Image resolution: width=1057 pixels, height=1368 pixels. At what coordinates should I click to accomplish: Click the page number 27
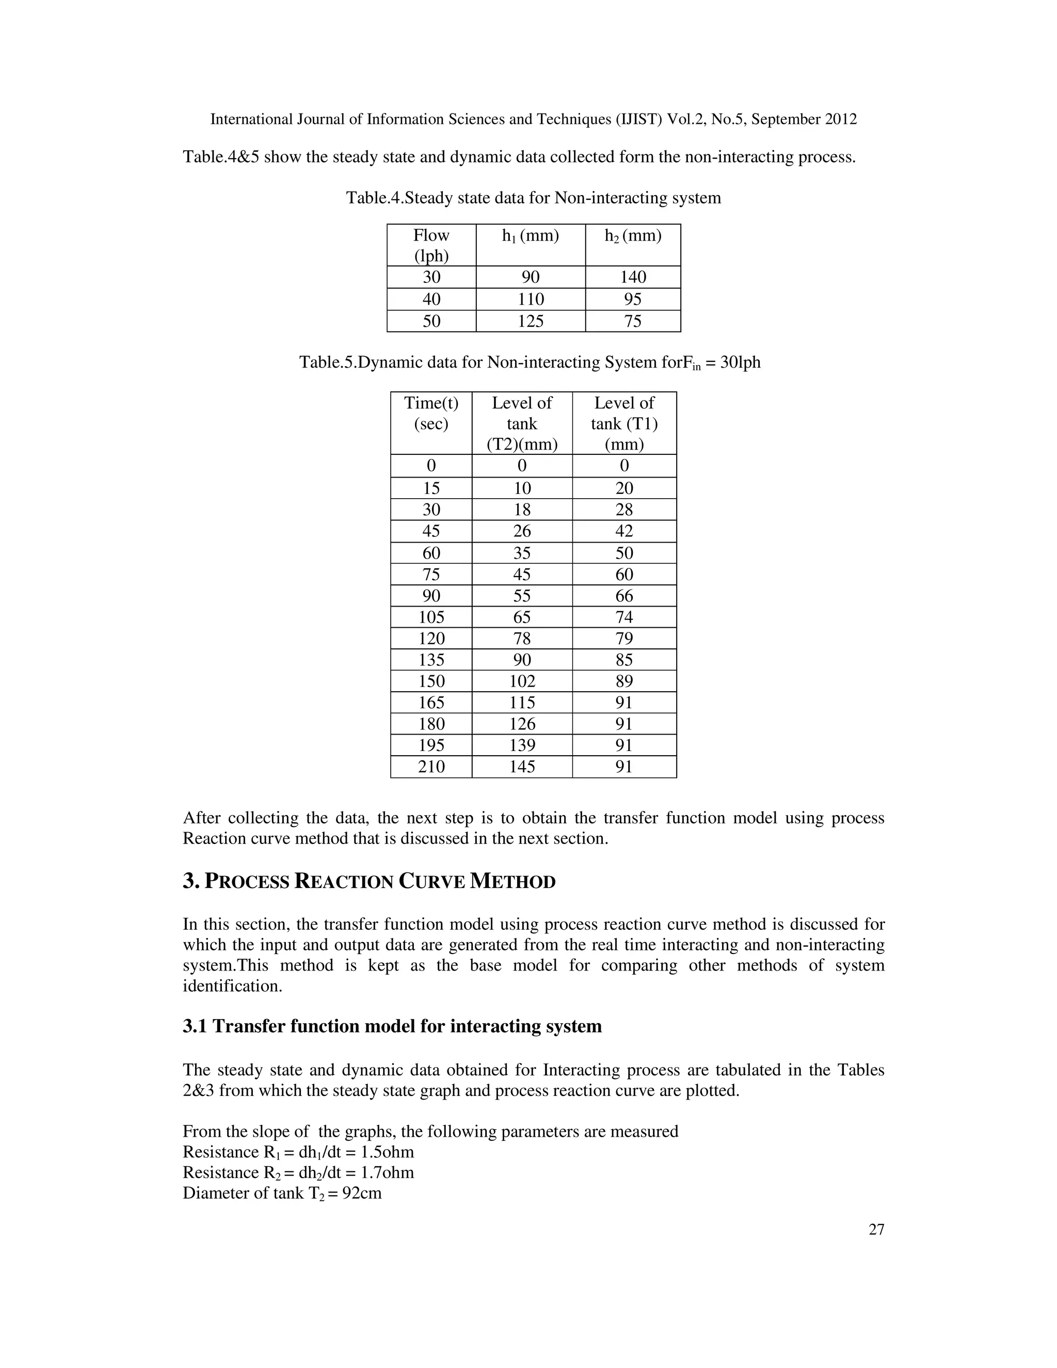pos(876,1230)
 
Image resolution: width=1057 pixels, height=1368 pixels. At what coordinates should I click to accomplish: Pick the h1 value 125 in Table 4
pos(531,321)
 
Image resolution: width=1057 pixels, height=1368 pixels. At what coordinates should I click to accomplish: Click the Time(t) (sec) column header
pos(431,413)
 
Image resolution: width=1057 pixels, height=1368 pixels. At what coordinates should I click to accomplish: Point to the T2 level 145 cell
pos(522,766)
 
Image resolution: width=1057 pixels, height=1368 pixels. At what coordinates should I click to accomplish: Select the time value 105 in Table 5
pos(431,617)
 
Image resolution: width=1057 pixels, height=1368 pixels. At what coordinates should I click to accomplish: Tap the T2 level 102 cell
pos(522,681)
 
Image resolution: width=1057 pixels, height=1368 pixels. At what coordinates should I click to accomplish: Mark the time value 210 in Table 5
pos(431,766)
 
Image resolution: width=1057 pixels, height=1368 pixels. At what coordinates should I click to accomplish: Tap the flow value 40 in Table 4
pos(431,299)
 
